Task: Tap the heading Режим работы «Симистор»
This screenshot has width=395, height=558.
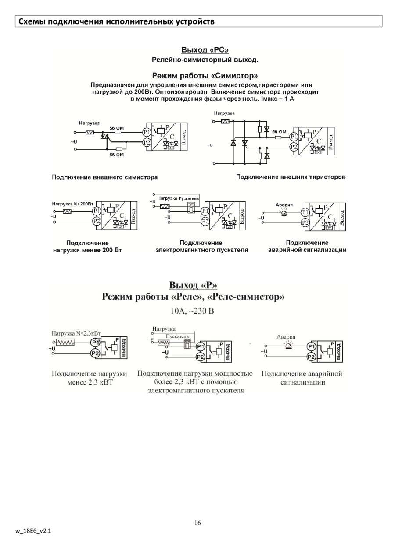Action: (x=205, y=75)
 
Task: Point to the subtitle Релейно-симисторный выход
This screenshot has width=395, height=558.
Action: (x=205, y=60)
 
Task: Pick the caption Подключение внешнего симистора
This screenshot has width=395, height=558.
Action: (x=105, y=177)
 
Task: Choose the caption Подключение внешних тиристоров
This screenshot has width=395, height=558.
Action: (x=291, y=177)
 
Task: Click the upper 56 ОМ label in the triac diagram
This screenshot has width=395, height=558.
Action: (x=117, y=128)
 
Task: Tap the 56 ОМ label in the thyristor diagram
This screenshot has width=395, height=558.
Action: (x=279, y=131)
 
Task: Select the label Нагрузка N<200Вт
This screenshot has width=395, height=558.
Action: (x=73, y=204)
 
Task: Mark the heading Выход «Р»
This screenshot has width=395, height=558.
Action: (x=194, y=286)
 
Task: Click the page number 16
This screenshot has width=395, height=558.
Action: (x=197, y=523)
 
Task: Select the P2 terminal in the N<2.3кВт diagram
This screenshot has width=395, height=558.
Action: (x=95, y=353)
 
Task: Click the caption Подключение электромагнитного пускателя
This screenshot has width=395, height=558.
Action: (x=201, y=246)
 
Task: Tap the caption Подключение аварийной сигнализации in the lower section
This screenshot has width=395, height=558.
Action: (x=302, y=378)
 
